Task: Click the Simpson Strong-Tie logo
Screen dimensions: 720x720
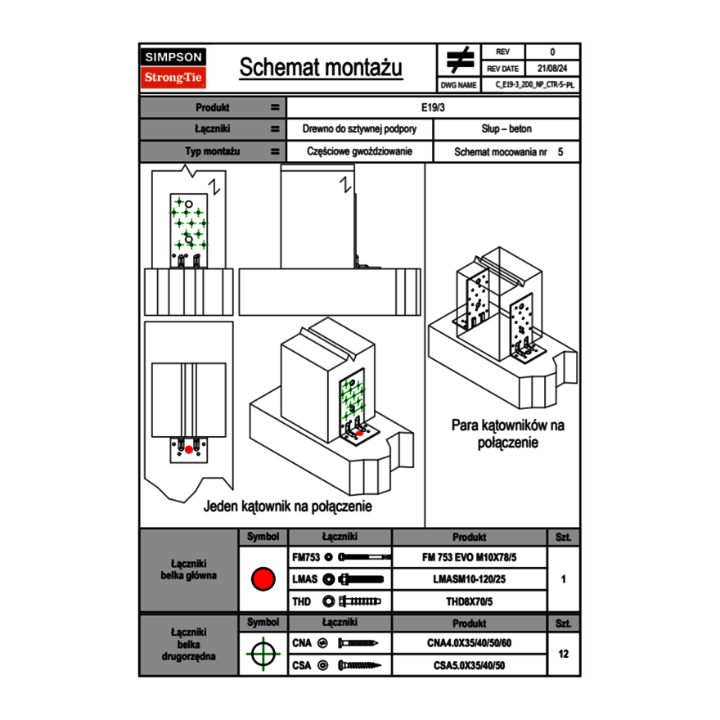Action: pyautogui.click(x=173, y=68)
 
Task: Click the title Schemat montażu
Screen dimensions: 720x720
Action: pyautogui.click(x=321, y=68)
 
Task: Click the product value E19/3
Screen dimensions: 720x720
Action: pyautogui.click(x=433, y=107)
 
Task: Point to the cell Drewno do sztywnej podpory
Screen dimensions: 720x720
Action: pyautogui.click(x=360, y=129)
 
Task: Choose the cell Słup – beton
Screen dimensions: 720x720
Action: pyautogui.click(x=506, y=129)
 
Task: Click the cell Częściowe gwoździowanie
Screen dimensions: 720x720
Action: pyautogui.click(x=360, y=152)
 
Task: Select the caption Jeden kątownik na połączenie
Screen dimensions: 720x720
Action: pyautogui.click(x=287, y=507)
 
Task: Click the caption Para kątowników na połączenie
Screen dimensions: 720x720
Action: pyautogui.click(x=508, y=434)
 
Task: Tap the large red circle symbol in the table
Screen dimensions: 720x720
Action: pyautogui.click(x=263, y=579)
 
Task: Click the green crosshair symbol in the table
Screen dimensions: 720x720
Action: pyautogui.click(x=263, y=654)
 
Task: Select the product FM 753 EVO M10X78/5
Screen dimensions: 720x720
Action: pyautogui.click(x=469, y=558)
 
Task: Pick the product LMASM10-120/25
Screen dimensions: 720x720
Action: pyautogui.click(x=469, y=579)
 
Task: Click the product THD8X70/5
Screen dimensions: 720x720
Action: pyautogui.click(x=469, y=601)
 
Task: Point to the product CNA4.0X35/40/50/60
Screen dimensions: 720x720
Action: pyautogui.click(x=469, y=643)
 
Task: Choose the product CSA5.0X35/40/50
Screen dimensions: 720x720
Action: pyautogui.click(x=469, y=665)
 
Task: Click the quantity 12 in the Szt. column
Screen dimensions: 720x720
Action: pyautogui.click(x=563, y=654)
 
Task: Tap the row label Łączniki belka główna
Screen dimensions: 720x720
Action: pyautogui.click(x=188, y=569)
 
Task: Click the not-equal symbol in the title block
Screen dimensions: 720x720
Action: pyautogui.click(x=460, y=60)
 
